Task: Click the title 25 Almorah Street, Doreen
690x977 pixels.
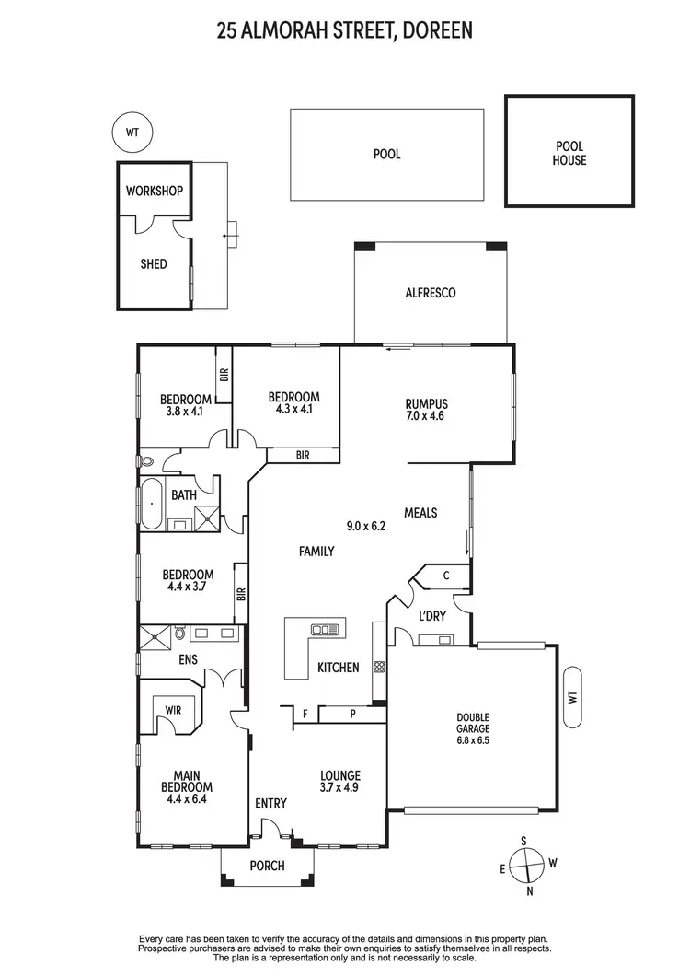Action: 344,31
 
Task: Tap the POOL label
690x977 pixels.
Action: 386,155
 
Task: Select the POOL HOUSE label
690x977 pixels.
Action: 569,153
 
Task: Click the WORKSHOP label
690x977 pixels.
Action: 154,192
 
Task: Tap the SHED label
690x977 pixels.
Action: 154,264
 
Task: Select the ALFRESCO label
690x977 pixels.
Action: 431,294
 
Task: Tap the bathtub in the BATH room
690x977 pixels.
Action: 151,505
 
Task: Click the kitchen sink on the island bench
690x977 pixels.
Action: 326,630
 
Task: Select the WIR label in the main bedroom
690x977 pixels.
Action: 173,710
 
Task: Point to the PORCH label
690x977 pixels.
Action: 267,867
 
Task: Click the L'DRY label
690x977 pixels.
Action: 430,615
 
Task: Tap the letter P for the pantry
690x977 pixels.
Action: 352,713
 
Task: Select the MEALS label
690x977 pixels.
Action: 420,513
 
